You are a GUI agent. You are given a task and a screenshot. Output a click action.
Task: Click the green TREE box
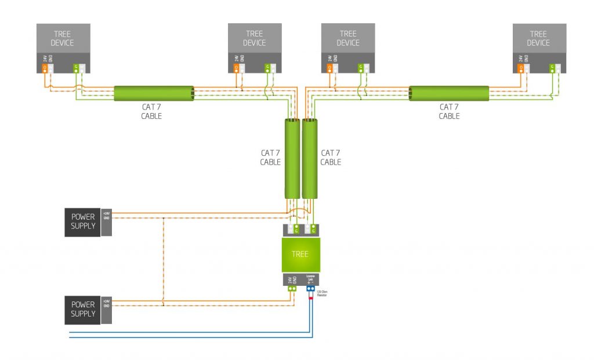(x=300, y=254)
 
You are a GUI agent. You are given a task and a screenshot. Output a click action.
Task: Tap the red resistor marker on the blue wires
(x=310, y=298)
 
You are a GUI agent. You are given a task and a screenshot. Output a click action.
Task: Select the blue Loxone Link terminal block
(x=310, y=288)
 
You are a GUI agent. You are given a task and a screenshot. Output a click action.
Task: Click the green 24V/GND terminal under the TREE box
(x=292, y=288)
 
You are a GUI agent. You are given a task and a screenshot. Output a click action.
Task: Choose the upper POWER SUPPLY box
(x=83, y=221)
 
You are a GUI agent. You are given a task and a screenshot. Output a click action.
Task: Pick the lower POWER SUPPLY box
(x=83, y=309)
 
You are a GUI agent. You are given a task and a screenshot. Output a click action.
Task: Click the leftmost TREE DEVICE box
(x=63, y=38)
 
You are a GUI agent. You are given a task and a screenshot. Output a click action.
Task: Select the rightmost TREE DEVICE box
(x=539, y=38)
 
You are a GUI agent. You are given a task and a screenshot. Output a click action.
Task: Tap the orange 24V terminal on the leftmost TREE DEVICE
(x=45, y=68)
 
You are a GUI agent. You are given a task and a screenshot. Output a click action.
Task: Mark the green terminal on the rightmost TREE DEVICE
(x=552, y=68)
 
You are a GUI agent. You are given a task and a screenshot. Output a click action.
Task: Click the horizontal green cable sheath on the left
(x=154, y=93)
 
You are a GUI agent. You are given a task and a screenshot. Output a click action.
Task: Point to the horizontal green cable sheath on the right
(x=449, y=93)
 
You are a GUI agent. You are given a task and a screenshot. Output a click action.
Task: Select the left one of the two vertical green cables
(x=292, y=158)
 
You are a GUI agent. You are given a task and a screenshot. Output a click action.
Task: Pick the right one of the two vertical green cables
(x=310, y=158)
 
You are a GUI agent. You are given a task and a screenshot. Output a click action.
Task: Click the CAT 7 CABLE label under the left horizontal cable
(x=151, y=111)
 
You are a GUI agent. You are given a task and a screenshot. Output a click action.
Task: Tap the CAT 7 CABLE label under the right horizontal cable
(x=449, y=111)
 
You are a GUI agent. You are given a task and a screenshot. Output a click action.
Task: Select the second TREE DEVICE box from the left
(x=255, y=38)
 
